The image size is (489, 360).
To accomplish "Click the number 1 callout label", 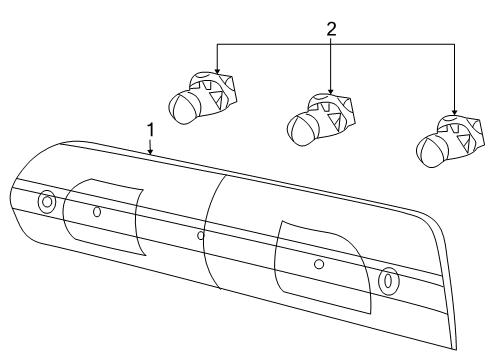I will (x=151, y=130).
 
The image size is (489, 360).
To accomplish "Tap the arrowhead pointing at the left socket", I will (x=218, y=71).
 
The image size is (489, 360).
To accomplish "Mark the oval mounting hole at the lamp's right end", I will (x=388, y=279).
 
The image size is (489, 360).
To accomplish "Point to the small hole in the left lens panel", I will (x=97, y=211).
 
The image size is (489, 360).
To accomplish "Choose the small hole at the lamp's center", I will (x=201, y=236).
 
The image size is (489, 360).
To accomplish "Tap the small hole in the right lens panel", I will (x=318, y=264).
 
